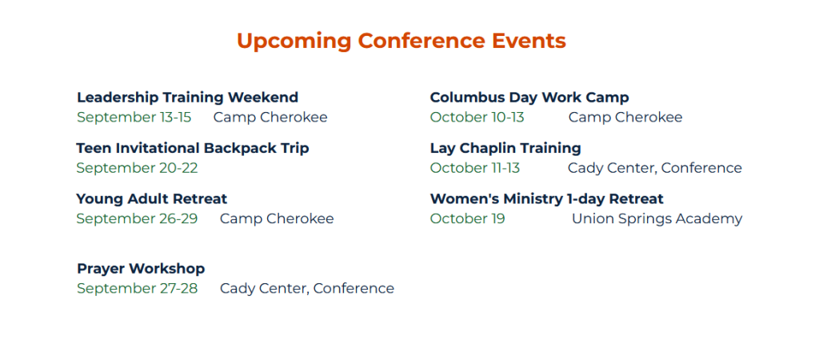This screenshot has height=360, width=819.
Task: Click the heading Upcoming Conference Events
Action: coord(402,42)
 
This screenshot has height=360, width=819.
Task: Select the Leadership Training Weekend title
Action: coord(187,98)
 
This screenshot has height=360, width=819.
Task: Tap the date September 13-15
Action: coord(134,118)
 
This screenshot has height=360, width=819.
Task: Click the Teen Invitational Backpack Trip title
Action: coord(193,148)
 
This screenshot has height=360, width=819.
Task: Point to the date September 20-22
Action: coord(137,168)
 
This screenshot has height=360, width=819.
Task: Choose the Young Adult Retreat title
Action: coord(151,199)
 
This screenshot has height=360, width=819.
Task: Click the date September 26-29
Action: coord(137,219)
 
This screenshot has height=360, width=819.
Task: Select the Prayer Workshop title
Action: coord(141,269)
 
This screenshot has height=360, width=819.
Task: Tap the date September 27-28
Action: coord(137,289)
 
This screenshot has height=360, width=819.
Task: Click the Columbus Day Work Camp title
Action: coord(529,98)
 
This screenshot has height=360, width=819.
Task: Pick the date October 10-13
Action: coord(477,118)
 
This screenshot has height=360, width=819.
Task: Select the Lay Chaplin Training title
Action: coord(505,148)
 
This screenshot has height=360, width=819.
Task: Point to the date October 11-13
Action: coord(475,168)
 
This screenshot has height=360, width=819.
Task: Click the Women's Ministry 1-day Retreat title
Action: coord(547,199)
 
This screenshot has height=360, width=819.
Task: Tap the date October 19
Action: coord(467,219)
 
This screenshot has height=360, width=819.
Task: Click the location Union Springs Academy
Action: coord(657,219)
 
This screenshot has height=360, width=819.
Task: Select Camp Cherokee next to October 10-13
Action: coord(625,118)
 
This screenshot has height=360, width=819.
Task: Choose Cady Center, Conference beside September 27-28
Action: coord(307,289)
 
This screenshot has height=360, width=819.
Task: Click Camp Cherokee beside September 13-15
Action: coord(270,118)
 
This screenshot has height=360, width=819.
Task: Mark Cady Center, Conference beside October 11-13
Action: coord(655,168)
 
